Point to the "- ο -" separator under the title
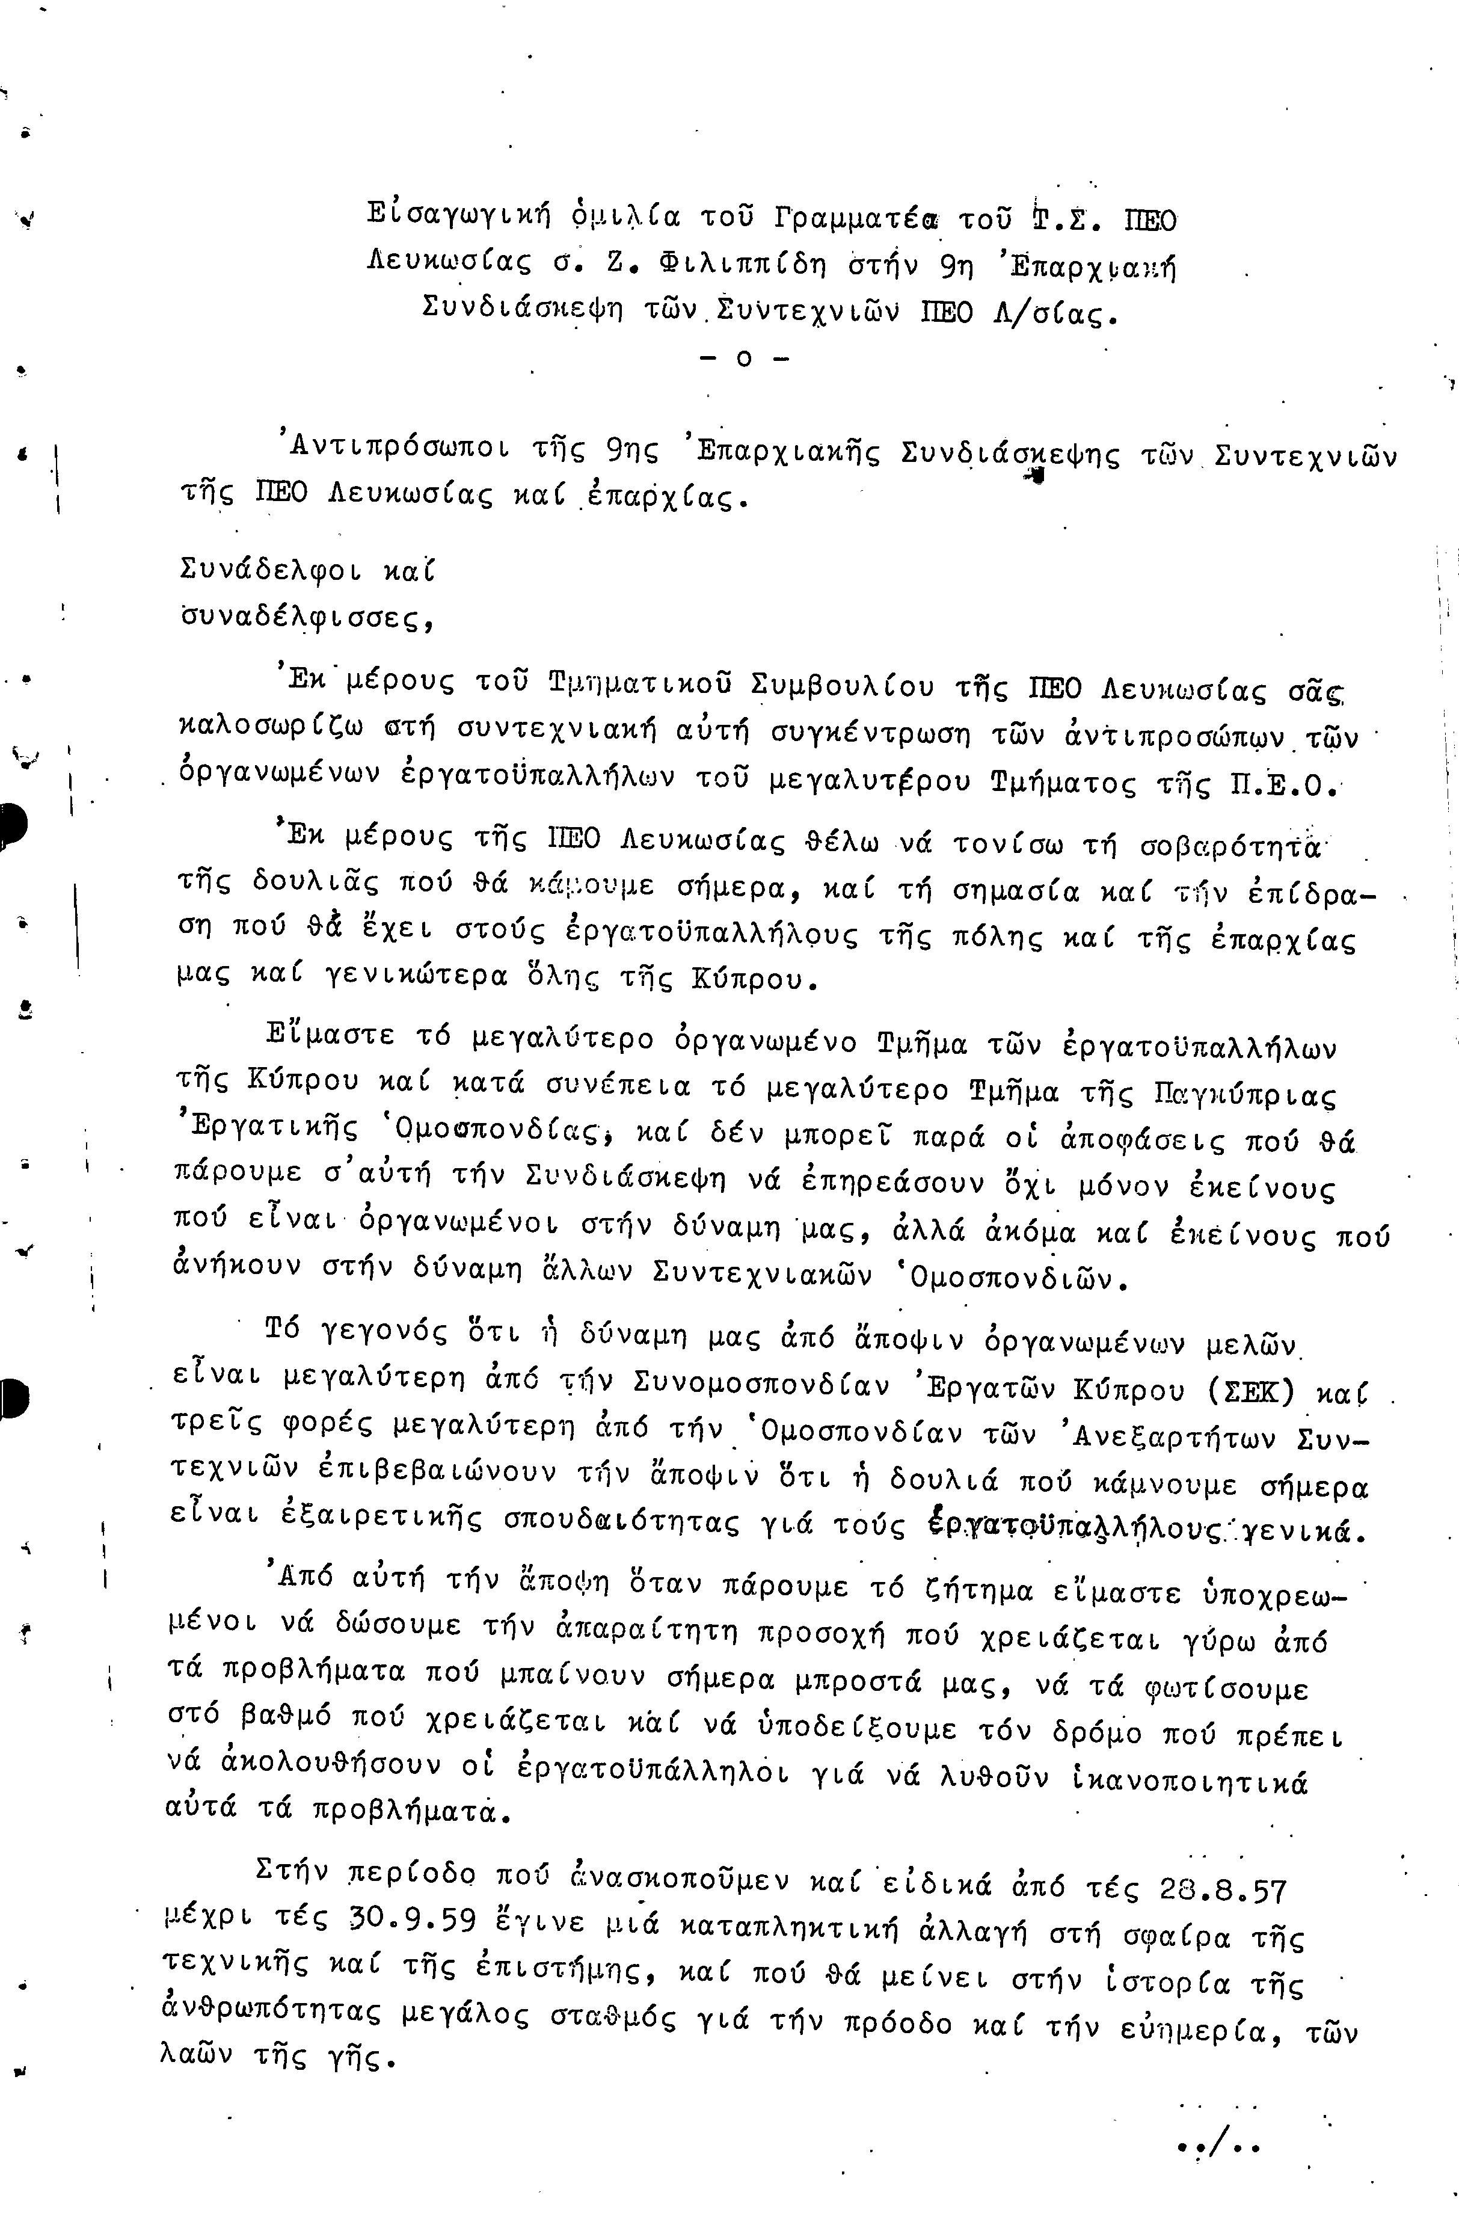pyautogui.click(x=742, y=359)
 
